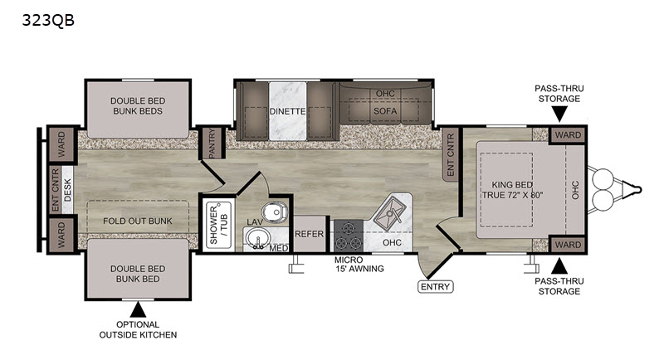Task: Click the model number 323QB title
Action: click(48, 20)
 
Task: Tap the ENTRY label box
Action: click(435, 287)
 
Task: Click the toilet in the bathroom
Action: click(274, 211)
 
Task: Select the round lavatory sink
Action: click(256, 238)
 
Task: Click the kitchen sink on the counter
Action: click(389, 213)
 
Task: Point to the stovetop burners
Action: click(348, 236)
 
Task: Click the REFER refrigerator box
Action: click(309, 234)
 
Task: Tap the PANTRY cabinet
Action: click(212, 143)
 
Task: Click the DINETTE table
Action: click(287, 111)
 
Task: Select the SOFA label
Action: click(385, 111)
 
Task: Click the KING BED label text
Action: click(512, 185)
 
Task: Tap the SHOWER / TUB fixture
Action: click(219, 225)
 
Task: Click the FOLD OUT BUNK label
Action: click(138, 221)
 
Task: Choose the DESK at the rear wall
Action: click(68, 190)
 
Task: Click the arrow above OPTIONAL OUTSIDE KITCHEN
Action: click(138, 309)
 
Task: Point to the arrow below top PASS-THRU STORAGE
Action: click(559, 114)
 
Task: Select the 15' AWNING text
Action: click(360, 269)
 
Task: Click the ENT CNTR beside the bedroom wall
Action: click(451, 155)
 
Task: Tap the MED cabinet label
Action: click(279, 248)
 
